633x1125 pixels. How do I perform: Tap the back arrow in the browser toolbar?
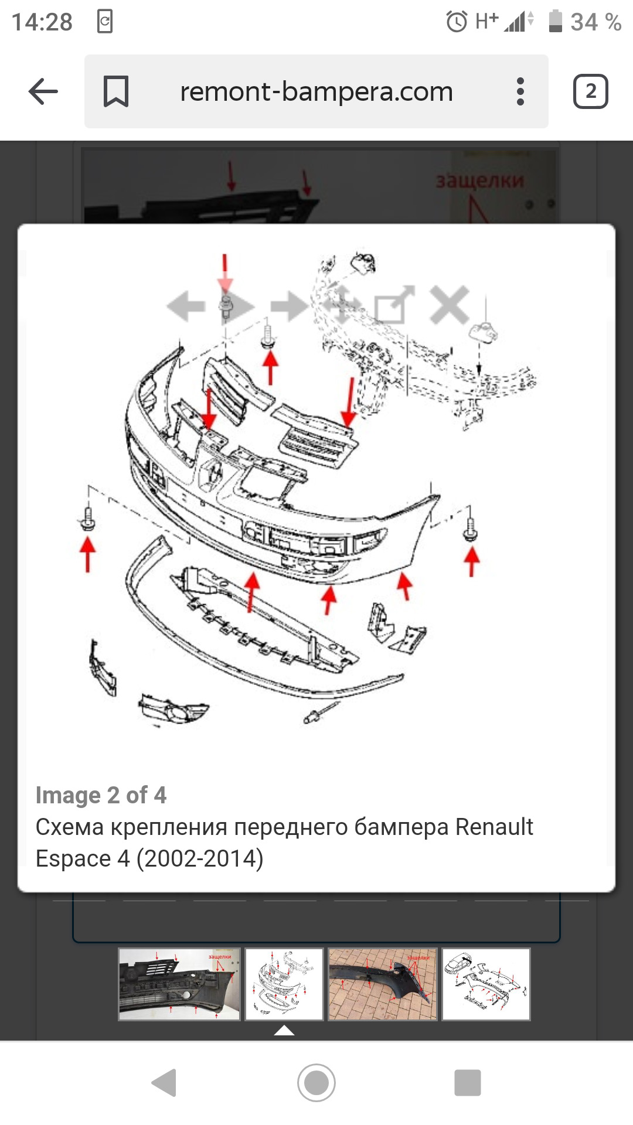pyautogui.click(x=43, y=91)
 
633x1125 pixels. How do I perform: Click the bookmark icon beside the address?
pyautogui.click(x=115, y=91)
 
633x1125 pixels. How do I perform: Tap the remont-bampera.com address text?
pyautogui.click(x=316, y=91)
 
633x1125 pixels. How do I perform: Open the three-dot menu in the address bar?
pyautogui.click(x=520, y=91)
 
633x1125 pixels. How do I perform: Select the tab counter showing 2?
pyautogui.click(x=590, y=91)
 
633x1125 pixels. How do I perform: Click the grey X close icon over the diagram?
pyautogui.click(x=449, y=305)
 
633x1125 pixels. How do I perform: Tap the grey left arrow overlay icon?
pyautogui.click(x=186, y=305)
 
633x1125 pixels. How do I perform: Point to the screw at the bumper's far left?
pyautogui.click(x=88, y=519)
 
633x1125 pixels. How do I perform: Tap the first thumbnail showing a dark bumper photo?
pyautogui.click(x=179, y=984)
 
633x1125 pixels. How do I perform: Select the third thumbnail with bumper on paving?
pyautogui.click(x=383, y=984)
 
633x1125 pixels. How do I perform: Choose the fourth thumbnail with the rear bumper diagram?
pyautogui.click(x=486, y=984)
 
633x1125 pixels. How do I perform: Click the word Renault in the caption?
pyautogui.click(x=494, y=827)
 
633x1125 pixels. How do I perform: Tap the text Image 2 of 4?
pyautogui.click(x=101, y=795)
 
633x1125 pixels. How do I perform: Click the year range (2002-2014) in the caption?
pyautogui.click(x=200, y=858)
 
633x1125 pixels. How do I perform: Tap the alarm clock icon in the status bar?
pyautogui.click(x=457, y=22)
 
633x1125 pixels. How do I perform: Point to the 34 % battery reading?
pyautogui.click(x=595, y=22)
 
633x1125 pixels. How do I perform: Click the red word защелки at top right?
pyautogui.click(x=479, y=180)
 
